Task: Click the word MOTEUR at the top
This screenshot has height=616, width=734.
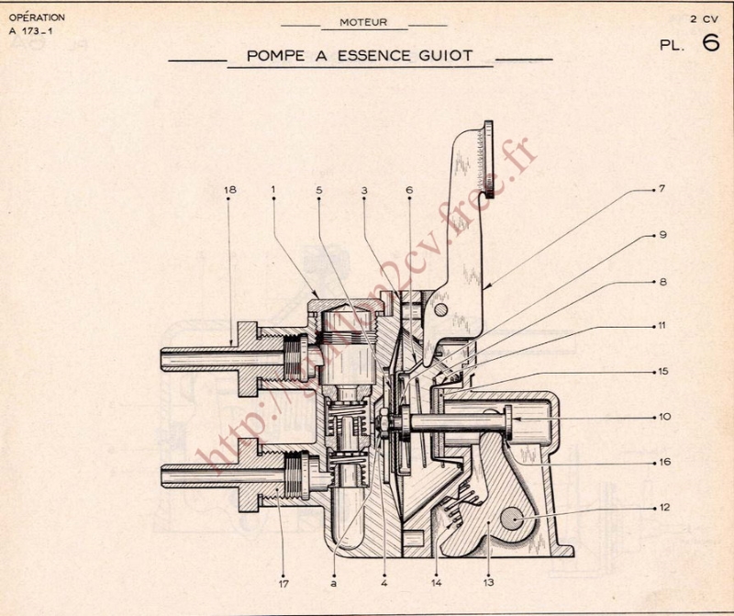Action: point(363,22)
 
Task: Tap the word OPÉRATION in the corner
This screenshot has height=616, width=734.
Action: point(36,17)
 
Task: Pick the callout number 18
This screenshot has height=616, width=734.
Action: point(229,190)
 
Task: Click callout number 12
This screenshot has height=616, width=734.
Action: point(662,506)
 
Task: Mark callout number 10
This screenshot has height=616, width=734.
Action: point(662,416)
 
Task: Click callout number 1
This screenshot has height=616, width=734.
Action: point(273,190)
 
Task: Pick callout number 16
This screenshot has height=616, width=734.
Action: point(662,461)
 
